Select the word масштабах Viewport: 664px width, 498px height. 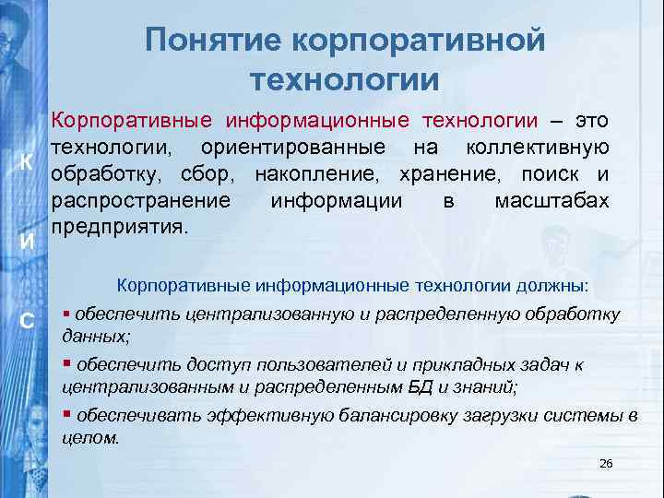point(551,200)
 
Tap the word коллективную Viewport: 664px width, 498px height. point(537,147)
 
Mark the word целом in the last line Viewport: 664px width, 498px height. point(89,438)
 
